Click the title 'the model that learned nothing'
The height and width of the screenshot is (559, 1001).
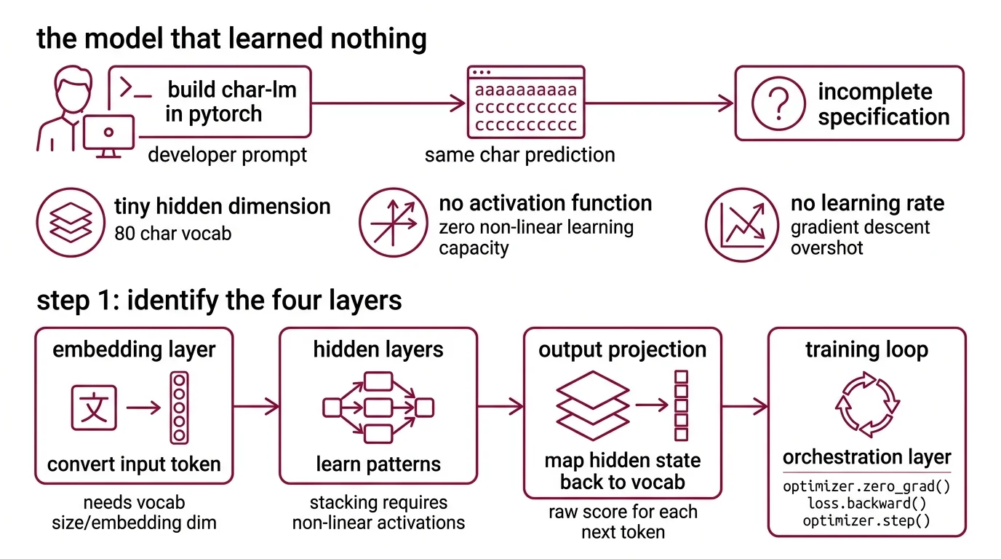[231, 38]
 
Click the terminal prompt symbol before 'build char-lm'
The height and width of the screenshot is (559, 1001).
[135, 89]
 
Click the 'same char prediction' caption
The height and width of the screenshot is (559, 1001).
[519, 155]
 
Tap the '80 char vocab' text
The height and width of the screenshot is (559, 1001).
[173, 234]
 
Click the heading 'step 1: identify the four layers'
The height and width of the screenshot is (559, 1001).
[219, 301]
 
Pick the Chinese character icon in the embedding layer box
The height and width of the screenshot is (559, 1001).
[94, 408]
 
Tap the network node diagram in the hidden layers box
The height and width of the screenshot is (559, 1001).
[378, 408]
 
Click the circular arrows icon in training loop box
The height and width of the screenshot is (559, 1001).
[867, 405]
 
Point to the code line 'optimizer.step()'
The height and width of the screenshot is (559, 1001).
[866, 520]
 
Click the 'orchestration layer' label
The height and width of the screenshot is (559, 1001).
[866, 457]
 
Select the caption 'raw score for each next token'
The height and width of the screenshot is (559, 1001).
[623, 522]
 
